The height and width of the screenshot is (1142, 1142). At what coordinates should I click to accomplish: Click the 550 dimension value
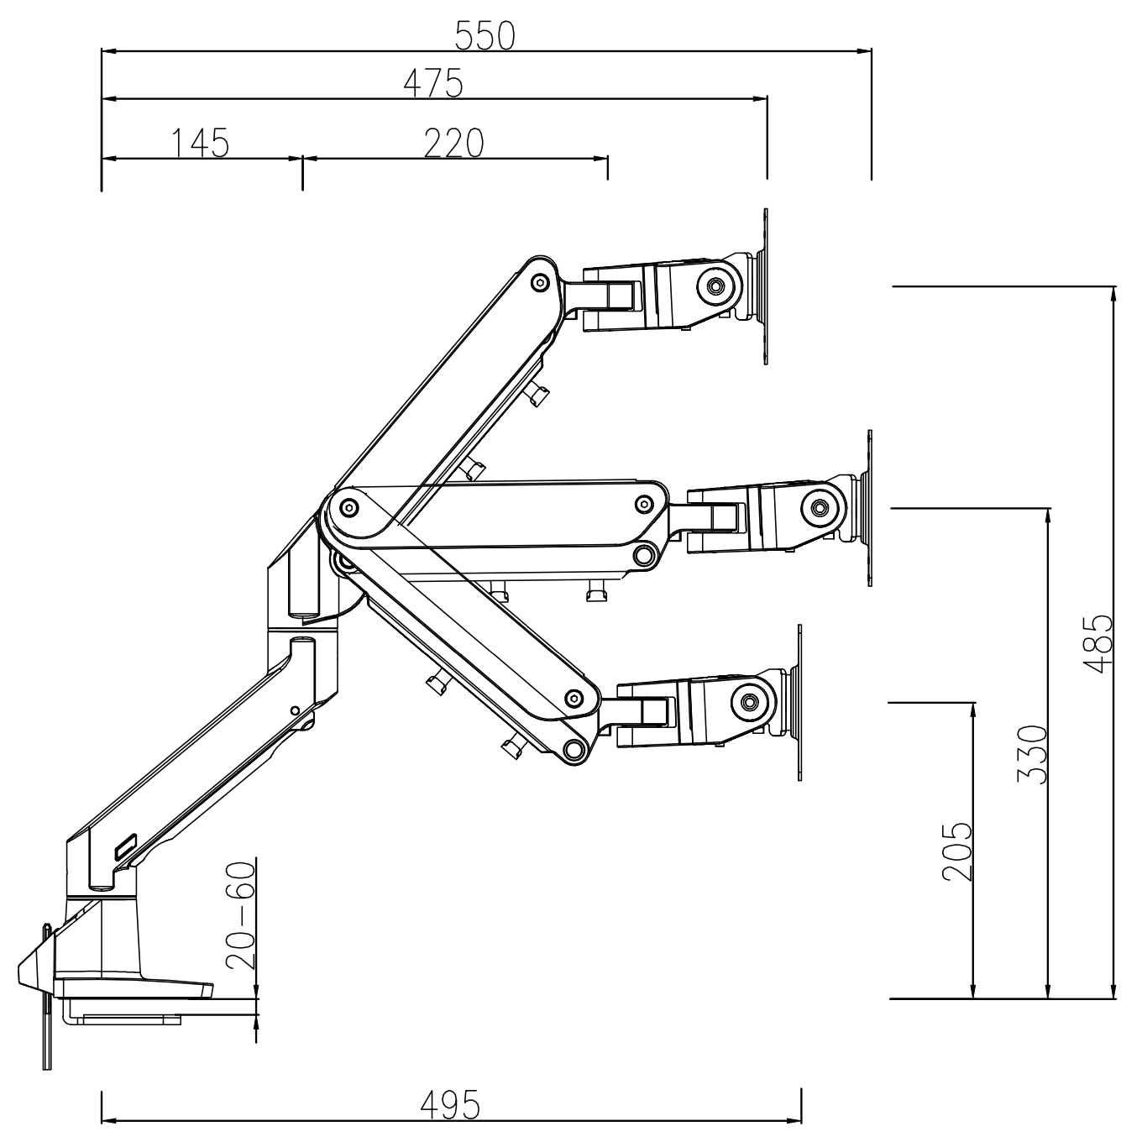coord(485,35)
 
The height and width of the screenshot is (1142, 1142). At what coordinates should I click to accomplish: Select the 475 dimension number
coord(433,84)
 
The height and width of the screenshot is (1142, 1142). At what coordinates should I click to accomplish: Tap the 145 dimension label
coord(201,144)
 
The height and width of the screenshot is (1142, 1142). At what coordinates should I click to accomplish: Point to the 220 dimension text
coord(454,144)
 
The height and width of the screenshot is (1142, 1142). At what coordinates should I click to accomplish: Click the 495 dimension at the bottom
coord(450,1105)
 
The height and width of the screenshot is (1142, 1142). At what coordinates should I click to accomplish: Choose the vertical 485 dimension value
coord(1097,644)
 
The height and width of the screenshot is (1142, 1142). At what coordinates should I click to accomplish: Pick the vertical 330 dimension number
coord(1033,754)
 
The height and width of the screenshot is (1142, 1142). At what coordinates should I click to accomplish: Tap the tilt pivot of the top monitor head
coord(716,286)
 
